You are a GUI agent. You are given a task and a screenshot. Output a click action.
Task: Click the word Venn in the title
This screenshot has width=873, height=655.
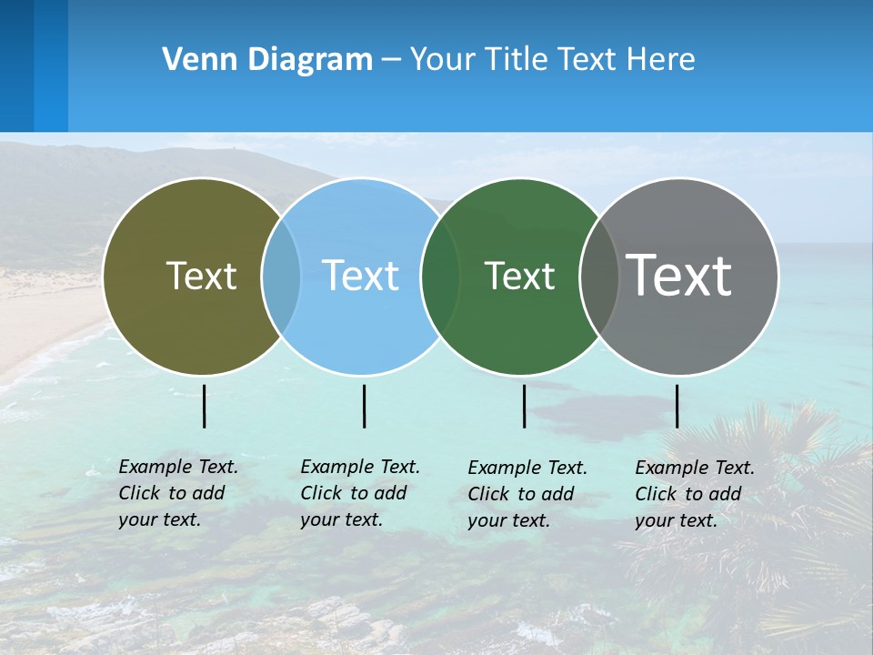(195, 60)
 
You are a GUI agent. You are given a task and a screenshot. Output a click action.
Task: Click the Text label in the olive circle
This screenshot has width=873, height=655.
(201, 276)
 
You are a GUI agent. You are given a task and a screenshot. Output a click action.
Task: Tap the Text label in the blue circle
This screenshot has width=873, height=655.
(360, 276)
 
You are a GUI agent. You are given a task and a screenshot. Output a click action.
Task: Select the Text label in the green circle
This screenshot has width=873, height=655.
(519, 276)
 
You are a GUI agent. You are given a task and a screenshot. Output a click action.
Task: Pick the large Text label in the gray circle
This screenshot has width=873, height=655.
(679, 276)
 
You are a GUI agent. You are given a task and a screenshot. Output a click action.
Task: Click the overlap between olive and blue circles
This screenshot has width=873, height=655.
(281, 277)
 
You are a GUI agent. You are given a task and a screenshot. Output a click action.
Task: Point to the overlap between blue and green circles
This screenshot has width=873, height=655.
(441, 277)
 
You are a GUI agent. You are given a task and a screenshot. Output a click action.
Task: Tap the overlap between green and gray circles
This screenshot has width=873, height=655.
(599, 277)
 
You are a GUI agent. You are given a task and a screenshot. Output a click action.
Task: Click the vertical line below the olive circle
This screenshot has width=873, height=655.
(205, 406)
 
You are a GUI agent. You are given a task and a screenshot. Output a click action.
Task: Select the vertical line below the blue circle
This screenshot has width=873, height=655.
(364, 406)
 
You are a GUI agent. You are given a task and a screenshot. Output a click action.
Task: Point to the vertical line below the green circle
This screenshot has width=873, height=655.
(524, 406)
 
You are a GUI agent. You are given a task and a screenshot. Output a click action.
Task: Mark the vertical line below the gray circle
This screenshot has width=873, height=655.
(677, 406)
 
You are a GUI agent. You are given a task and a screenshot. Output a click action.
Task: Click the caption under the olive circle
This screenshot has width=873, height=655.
(178, 493)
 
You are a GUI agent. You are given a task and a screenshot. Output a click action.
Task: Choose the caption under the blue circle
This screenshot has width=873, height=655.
(360, 493)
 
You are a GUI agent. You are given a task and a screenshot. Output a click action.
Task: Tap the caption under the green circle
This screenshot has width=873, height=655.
(527, 494)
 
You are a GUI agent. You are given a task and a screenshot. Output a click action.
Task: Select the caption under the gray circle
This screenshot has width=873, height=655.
(695, 494)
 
